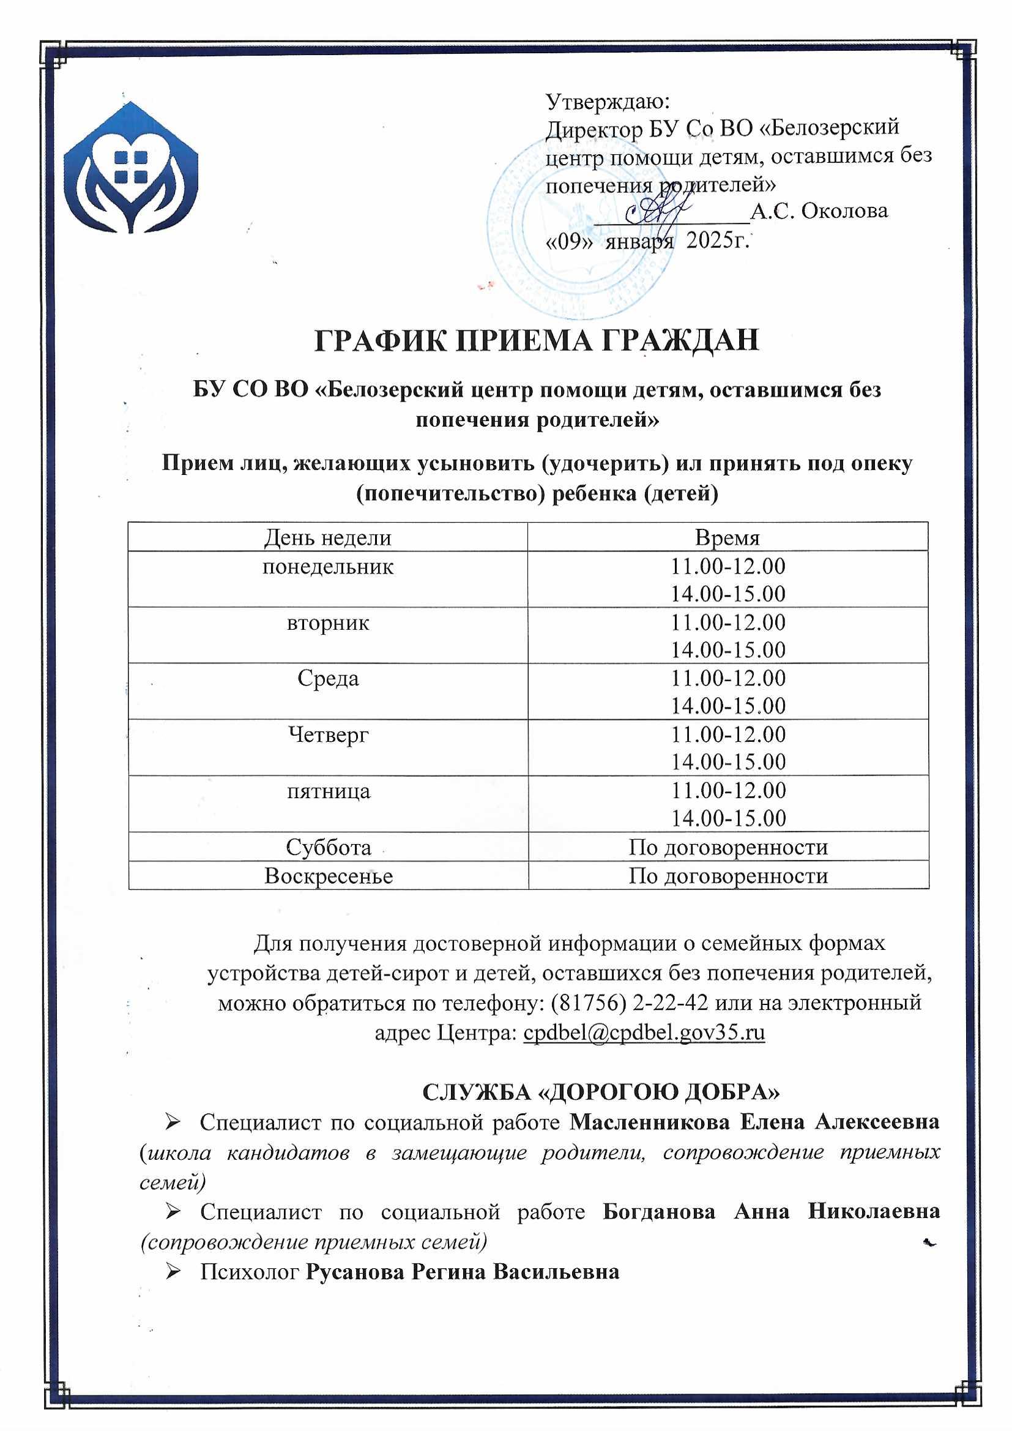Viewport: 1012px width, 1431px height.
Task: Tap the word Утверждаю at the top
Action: [607, 101]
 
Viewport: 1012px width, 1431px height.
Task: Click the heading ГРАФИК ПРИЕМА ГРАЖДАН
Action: [536, 340]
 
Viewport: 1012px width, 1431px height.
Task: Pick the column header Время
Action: [727, 537]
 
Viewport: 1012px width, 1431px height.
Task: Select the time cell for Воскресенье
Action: [727, 876]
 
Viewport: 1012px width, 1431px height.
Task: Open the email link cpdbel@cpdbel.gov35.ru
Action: [644, 1033]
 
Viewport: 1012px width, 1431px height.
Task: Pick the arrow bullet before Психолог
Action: [173, 1271]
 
